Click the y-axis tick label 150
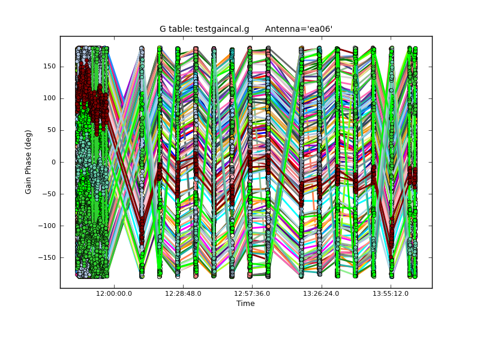click(49, 66)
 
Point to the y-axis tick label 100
click(49, 98)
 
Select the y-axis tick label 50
click(51, 130)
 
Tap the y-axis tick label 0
click(53, 162)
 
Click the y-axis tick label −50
click(50, 194)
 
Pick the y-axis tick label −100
click(47, 226)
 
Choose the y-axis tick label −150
click(47, 257)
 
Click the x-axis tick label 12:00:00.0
click(114, 294)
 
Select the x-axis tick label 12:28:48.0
click(183, 294)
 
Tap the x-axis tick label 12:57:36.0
click(252, 294)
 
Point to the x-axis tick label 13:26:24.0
click(321, 294)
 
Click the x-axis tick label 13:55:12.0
click(391, 294)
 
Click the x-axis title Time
click(245, 304)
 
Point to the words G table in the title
click(174, 29)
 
